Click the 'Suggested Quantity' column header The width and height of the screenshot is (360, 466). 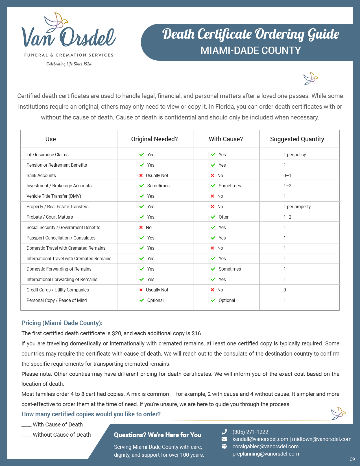pos(297,139)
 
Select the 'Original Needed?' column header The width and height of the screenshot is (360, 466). pos(154,139)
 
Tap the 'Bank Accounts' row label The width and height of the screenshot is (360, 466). pos(41,175)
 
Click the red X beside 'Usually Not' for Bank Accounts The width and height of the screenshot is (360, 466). pos(141,175)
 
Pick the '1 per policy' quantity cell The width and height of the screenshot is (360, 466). pos(294,154)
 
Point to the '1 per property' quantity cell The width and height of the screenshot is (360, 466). pos(297,206)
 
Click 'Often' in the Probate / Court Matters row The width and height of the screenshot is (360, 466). pos(224,217)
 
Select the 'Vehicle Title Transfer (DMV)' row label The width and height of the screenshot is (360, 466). pos(54,196)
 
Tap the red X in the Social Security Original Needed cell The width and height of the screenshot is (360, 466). pos(141,227)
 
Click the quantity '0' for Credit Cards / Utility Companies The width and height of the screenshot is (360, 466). pos(285,290)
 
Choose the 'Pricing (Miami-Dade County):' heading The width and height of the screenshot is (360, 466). pos(62,323)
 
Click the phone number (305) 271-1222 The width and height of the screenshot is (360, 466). pos(250,432)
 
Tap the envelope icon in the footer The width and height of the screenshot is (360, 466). pos(224,439)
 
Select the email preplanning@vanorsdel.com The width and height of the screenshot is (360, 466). pos(265,454)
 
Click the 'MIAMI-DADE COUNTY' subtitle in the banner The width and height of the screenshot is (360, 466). pos(250,50)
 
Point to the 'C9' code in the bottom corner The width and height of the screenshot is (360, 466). pos(352,459)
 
